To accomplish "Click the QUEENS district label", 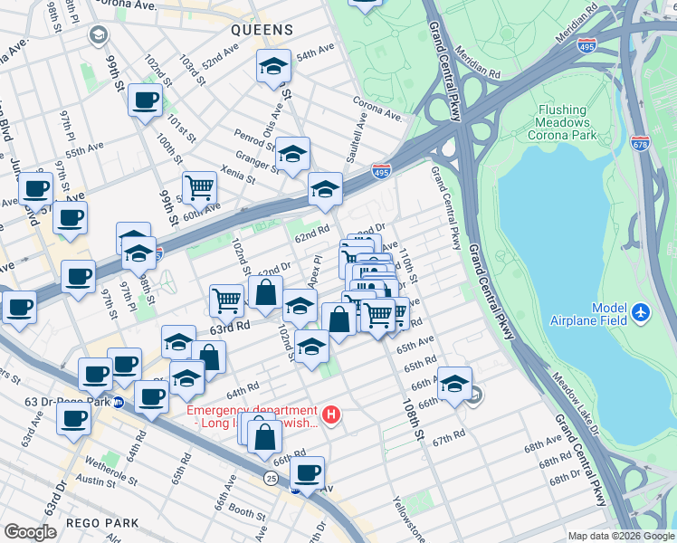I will (262, 30).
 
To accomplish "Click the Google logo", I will (30, 531).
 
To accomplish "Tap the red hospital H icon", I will (332, 415).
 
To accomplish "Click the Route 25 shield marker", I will (271, 477).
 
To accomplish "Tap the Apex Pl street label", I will (315, 271).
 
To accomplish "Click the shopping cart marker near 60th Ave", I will (199, 187).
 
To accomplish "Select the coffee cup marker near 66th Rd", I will (308, 472).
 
